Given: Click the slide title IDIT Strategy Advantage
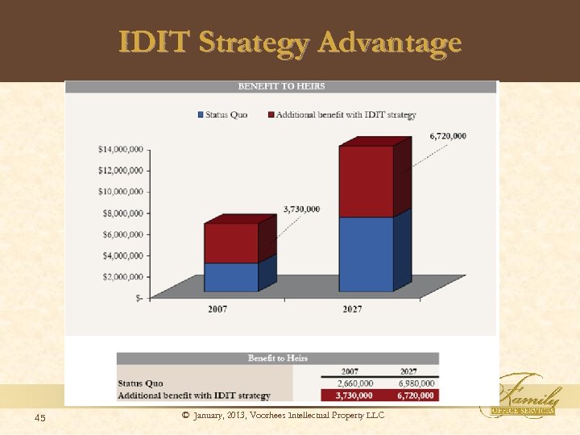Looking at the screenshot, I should pos(290,42).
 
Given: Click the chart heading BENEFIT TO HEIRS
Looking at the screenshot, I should pos(281,86).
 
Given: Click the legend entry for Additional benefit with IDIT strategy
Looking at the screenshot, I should pos(345,115).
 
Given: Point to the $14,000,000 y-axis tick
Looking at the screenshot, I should pos(121,149).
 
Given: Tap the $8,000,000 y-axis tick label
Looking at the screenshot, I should pos(121,213).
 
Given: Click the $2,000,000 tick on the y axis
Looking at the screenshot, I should pos(121,277).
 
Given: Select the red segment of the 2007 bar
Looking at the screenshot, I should pos(231,243).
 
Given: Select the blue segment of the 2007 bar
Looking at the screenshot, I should pos(231,277).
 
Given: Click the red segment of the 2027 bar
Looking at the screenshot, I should pos(367,181).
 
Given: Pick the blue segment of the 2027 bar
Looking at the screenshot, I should pos(367,254).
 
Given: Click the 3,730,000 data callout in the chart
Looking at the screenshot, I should pos(301,209).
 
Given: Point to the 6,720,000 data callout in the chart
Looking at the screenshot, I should pos(448,136).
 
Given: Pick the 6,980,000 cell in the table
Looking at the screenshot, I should pos(416,383).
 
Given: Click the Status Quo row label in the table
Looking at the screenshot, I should pos(141,383).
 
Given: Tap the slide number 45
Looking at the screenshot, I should pos(40,416).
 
